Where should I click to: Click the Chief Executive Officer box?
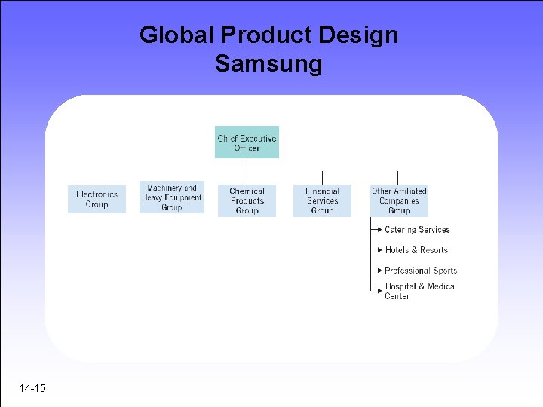tap(247, 142)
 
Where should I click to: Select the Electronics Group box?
tap(97, 199)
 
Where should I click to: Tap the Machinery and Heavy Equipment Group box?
tap(171, 197)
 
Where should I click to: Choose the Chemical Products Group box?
tap(247, 200)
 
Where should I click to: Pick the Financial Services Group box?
tap(322, 200)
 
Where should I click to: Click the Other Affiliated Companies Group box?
tap(399, 200)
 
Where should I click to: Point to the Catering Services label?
tap(417, 230)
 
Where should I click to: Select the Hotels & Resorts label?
tap(416, 250)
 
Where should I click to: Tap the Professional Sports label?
tap(421, 271)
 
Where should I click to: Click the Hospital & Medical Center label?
tap(421, 291)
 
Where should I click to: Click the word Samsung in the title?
tap(268, 63)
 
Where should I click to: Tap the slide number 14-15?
tap(33, 388)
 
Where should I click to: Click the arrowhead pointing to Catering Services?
tap(379, 230)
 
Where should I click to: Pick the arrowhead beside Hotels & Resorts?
tap(379, 250)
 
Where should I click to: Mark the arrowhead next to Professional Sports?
tap(379, 271)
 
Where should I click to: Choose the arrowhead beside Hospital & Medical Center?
tap(379, 290)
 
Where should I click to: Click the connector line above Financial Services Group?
tap(322, 178)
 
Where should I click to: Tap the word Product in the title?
tap(265, 35)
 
